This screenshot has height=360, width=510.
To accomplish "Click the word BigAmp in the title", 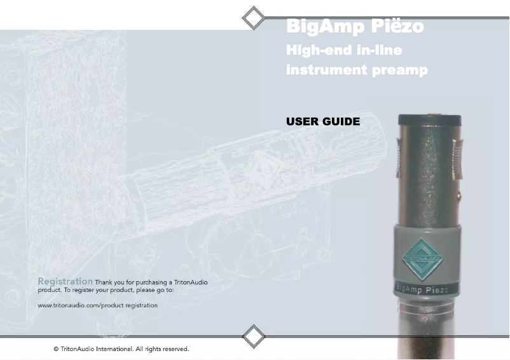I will tap(324, 27).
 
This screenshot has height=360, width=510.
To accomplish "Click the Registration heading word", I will tap(65, 281).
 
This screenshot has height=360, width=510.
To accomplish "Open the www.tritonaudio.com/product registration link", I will tap(97, 305).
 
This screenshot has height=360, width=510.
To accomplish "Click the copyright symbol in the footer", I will tap(57, 349).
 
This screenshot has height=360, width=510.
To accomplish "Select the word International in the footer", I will tap(114, 349).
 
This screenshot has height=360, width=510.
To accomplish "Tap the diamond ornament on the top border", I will tap(254, 18).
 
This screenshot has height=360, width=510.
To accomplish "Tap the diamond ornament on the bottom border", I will tap(254, 336).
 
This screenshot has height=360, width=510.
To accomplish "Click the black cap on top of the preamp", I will tap(430, 120).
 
